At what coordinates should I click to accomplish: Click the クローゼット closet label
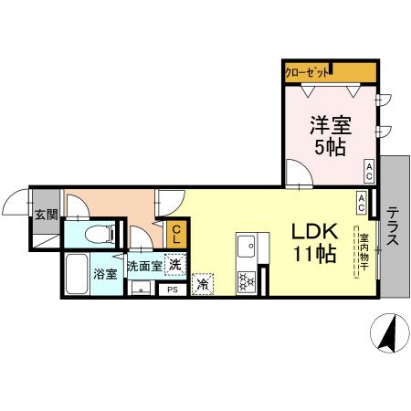pos(307,72)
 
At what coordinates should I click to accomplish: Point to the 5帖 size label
pos(330,147)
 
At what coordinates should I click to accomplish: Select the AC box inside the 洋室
pos(368,170)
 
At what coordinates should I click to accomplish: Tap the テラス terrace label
pos(392,227)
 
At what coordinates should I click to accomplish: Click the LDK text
pos(315,231)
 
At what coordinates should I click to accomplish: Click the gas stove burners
pos(247,281)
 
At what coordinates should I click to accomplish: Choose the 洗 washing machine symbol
pos(175,261)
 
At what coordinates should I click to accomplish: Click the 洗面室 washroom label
pos(143,267)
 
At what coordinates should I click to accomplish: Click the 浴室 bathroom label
pos(103,273)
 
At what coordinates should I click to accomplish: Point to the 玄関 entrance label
pos(46,216)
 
